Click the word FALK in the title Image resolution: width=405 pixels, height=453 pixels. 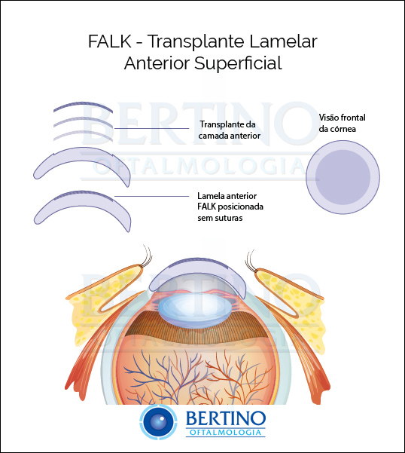(x=110, y=41)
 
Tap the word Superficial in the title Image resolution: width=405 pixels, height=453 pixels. (x=238, y=63)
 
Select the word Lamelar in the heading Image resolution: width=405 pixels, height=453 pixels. (x=283, y=41)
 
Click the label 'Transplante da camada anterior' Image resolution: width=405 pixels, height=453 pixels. (x=230, y=130)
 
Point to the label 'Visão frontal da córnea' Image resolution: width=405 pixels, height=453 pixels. (x=342, y=123)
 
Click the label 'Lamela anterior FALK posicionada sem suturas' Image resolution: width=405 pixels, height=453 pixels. (x=230, y=207)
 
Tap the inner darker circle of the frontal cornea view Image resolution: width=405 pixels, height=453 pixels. (x=343, y=177)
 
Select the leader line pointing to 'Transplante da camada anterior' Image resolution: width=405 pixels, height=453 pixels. (x=152, y=128)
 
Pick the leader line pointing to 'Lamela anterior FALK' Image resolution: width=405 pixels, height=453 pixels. (x=152, y=197)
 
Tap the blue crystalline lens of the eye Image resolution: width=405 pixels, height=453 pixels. (x=193, y=312)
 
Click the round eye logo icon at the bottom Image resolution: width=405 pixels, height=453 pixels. (x=159, y=422)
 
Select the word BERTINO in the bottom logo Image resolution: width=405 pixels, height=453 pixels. (x=226, y=418)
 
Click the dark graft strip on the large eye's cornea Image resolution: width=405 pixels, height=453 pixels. (x=197, y=263)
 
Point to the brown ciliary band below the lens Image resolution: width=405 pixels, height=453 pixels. (x=196, y=329)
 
